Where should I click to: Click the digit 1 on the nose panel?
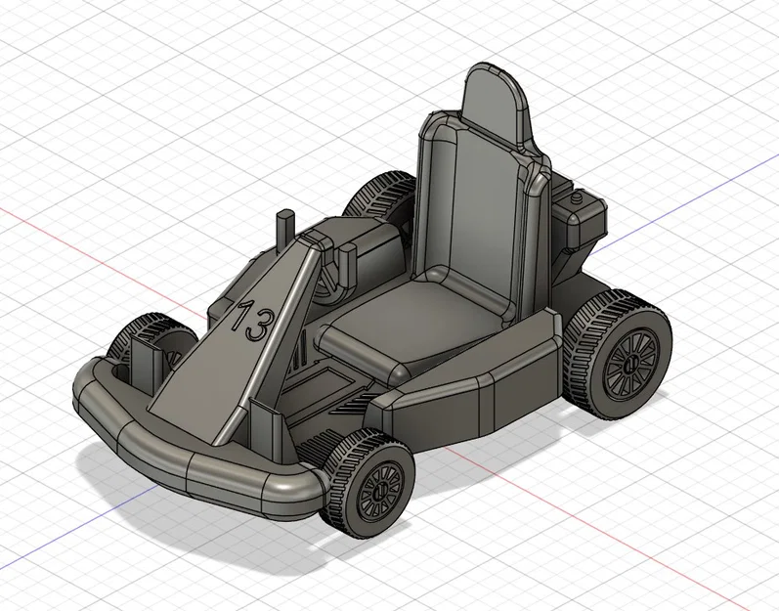point(240,316)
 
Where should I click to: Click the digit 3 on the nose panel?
point(258,326)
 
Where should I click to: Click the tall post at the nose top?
point(284,229)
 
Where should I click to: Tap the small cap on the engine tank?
point(579,196)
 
